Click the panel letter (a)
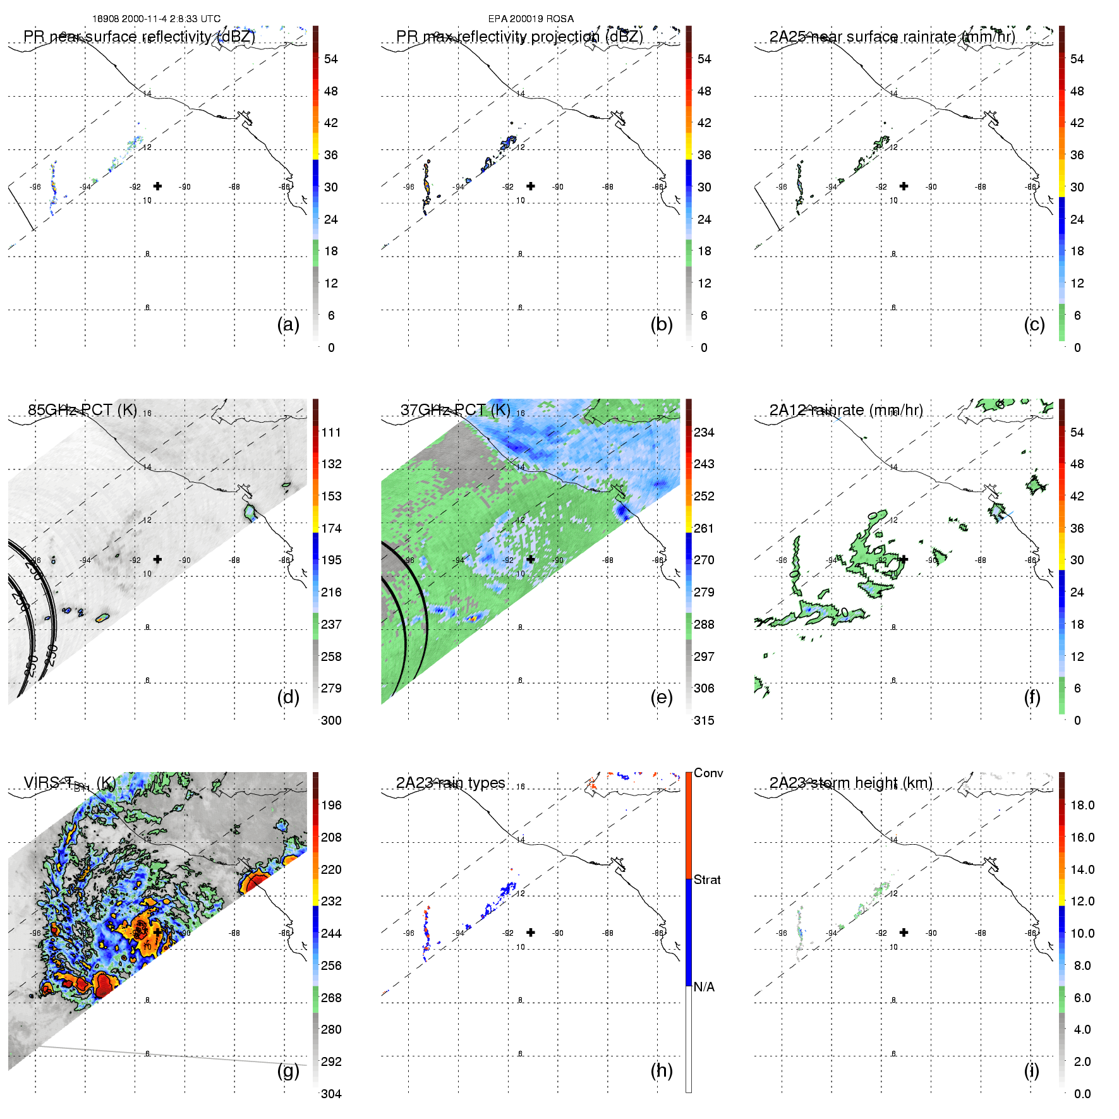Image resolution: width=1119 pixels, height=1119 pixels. [288, 325]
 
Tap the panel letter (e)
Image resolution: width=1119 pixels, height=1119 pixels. [661, 698]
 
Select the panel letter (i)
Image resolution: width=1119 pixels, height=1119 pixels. [1031, 1071]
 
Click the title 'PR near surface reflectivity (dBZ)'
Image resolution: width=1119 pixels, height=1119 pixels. [139, 37]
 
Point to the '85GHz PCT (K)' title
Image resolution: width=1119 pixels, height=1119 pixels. [82, 410]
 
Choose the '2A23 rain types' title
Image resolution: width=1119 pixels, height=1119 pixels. [451, 783]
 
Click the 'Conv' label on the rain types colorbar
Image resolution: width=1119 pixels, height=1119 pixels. [708, 773]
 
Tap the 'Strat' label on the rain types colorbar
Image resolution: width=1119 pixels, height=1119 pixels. [707, 880]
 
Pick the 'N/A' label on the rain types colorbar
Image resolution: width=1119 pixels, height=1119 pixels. [704, 987]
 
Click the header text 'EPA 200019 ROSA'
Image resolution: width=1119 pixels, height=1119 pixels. [531, 19]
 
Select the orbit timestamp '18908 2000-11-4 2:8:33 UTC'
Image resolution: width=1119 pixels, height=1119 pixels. [156, 19]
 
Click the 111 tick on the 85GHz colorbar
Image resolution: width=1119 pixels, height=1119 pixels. [331, 432]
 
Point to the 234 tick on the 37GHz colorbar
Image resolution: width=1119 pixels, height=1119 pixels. [704, 432]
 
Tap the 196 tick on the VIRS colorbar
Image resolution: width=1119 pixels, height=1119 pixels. [331, 805]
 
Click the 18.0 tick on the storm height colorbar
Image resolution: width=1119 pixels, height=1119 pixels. [1082, 805]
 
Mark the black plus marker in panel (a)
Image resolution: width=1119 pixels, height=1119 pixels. [157, 186]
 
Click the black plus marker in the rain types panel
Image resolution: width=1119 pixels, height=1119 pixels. [531, 932]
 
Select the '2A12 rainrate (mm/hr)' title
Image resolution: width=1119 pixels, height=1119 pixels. [846, 410]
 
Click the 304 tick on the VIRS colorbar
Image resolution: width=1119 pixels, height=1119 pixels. [331, 1094]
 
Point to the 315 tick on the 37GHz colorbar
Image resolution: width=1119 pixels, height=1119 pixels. [704, 720]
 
